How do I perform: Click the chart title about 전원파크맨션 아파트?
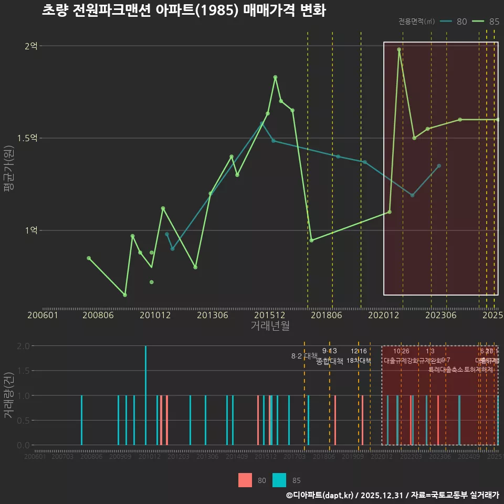tap(184, 10)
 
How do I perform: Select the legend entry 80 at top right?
tap(461, 22)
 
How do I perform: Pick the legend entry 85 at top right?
tap(493, 22)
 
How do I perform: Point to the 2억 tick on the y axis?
tap(31, 46)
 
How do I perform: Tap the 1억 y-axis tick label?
tap(31, 230)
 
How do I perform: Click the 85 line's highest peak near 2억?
tap(399, 49)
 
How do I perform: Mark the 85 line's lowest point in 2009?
tap(125, 295)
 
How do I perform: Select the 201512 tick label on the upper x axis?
tap(270, 316)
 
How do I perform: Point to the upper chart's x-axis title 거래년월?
tap(270, 326)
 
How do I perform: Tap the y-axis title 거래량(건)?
tap(9, 395)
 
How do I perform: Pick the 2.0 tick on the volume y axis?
tap(23, 346)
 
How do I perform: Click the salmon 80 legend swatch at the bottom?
tap(245, 480)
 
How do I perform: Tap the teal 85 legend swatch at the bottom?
tap(280, 480)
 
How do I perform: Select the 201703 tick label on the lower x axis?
tap(295, 457)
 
